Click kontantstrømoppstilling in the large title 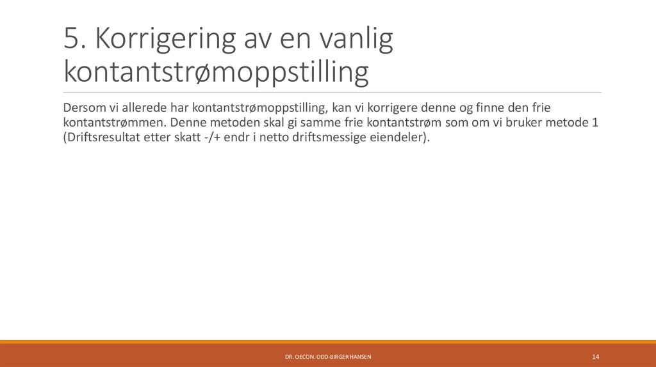tap(216, 72)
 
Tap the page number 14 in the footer tap(595, 356)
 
